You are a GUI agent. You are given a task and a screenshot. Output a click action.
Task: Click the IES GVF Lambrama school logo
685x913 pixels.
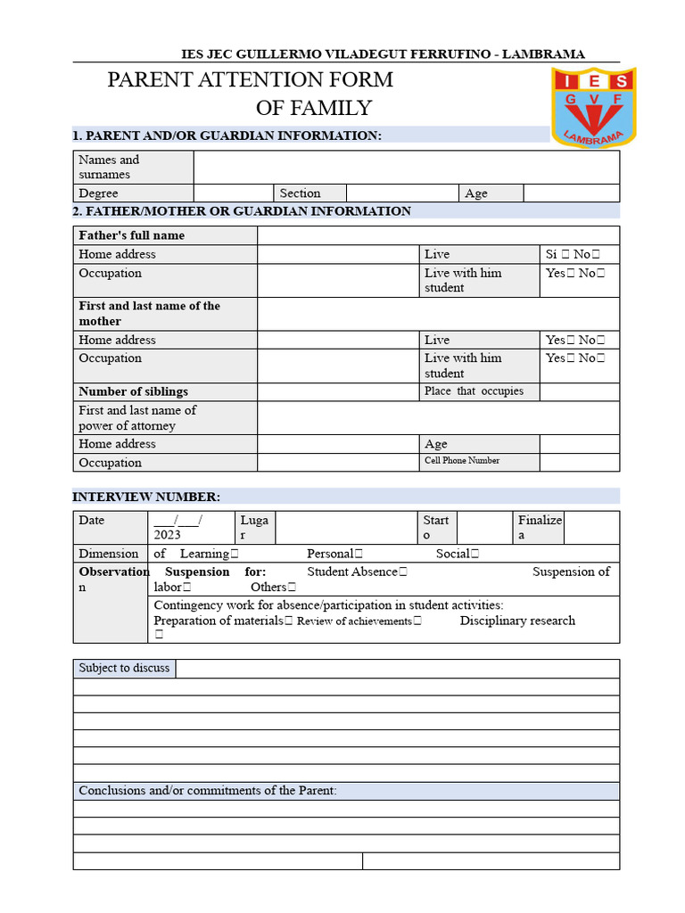pyautogui.click(x=592, y=107)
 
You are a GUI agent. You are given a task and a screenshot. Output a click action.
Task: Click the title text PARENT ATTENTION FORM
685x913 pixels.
pyautogui.click(x=250, y=79)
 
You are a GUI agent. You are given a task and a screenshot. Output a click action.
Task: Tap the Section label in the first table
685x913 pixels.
pyautogui.click(x=300, y=193)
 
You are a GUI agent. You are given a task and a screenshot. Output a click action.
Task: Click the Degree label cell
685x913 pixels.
pyautogui.click(x=98, y=193)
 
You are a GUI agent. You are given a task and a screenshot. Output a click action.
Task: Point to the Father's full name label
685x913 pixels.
pyautogui.click(x=131, y=235)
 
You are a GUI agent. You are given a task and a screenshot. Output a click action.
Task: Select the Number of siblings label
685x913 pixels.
pyautogui.click(x=133, y=391)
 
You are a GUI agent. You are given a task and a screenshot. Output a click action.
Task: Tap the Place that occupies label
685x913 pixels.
pyautogui.click(x=474, y=391)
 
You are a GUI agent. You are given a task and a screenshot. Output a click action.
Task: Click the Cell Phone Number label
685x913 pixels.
pyautogui.click(x=462, y=461)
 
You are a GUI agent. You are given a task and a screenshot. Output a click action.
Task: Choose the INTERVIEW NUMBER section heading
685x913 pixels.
pyautogui.click(x=146, y=497)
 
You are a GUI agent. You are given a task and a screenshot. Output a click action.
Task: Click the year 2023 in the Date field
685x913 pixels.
pyautogui.click(x=167, y=535)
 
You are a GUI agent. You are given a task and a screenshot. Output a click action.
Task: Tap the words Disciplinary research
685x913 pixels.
pyautogui.click(x=517, y=621)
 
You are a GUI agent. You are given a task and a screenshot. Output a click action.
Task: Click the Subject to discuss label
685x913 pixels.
pyautogui.click(x=124, y=668)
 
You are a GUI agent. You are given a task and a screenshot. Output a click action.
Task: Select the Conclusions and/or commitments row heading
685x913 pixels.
pyautogui.click(x=208, y=791)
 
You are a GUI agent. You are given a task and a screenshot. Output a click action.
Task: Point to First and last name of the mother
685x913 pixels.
pyautogui.click(x=149, y=313)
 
